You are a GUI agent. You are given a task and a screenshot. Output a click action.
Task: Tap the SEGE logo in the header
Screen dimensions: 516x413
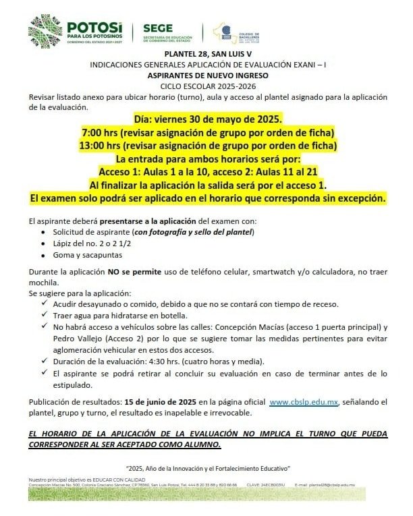click(x=168, y=31)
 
